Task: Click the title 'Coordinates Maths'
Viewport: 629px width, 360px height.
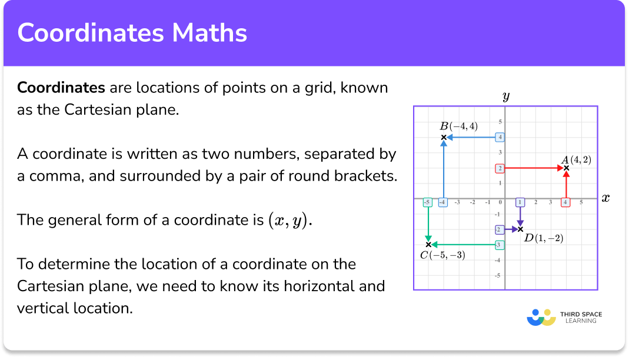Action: coord(132,33)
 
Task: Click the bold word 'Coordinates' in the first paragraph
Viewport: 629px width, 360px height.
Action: coord(61,88)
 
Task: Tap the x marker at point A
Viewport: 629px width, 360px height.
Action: coord(566,168)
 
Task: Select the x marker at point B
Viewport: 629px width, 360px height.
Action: coord(443,138)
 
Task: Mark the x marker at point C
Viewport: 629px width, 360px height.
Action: coord(428,244)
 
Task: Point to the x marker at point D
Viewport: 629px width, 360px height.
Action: coord(520,229)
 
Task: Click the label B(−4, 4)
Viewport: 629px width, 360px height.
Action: coord(459,126)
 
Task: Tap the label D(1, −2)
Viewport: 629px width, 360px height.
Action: coord(544,238)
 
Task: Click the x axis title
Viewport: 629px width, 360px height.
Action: coord(605,198)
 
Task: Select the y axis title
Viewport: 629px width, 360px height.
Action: coord(505,96)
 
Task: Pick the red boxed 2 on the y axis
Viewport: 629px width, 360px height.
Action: coord(499,168)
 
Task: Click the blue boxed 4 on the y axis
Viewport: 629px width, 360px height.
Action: coord(499,138)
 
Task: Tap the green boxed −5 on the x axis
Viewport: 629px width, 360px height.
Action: coord(427,202)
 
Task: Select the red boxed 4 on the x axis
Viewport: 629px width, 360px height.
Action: coord(565,202)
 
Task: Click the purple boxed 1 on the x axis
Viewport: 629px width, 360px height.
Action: coord(520,202)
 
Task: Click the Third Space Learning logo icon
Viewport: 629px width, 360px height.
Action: coord(541,318)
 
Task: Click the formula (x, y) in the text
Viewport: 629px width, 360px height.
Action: coord(287,221)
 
